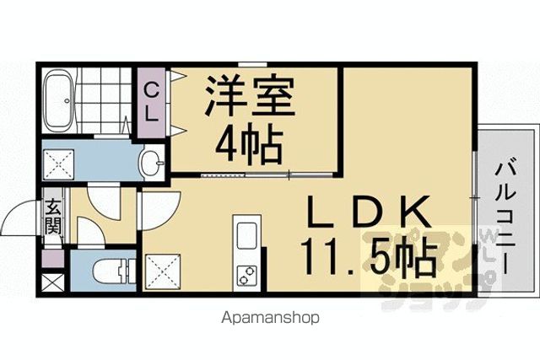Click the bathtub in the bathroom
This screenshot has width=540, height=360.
pyautogui.click(x=58, y=100)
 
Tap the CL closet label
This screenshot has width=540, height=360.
pyautogui.click(x=151, y=103)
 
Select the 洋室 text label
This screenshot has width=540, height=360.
pyautogui.click(x=250, y=95)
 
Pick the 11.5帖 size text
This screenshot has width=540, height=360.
pyautogui.click(x=369, y=257)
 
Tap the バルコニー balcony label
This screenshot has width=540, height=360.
pyautogui.click(x=505, y=218)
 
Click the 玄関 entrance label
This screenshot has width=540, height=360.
pyautogui.click(x=53, y=217)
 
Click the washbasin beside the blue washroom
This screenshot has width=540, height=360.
pyautogui.click(x=152, y=162)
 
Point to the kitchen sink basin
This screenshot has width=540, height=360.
pyautogui.click(x=246, y=235)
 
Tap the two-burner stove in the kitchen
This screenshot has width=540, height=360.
pyautogui.click(x=247, y=276)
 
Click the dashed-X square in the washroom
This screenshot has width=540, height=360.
pyautogui.click(x=58, y=165)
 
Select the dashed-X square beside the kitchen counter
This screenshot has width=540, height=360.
pyautogui.click(x=163, y=271)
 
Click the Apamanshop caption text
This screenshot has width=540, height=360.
pyautogui.click(x=270, y=317)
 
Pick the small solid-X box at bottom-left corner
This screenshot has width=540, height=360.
pyautogui.click(x=52, y=285)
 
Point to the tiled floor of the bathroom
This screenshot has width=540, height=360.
pyautogui.click(x=103, y=100)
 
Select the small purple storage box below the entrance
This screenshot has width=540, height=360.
pyautogui.click(x=52, y=259)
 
